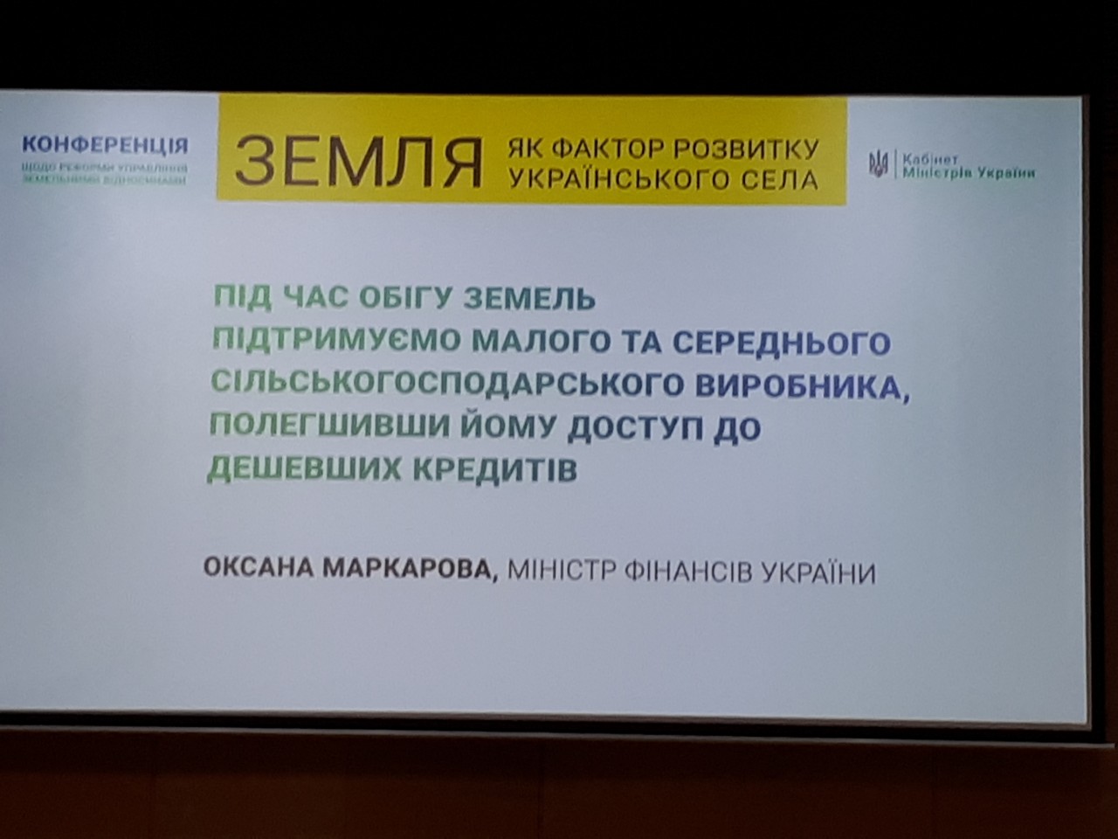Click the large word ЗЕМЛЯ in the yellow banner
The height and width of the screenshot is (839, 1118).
click(x=358, y=161)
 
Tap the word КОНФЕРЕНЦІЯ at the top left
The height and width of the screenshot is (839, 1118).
click(x=105, y=145)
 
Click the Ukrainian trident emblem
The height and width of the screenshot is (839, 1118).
click(x=878, y=164)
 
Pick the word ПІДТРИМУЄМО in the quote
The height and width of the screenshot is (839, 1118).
click(x=337, y=340)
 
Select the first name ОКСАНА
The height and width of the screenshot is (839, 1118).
click(x=259, y=569)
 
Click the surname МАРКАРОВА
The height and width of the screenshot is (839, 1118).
click(x=411, y=571)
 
